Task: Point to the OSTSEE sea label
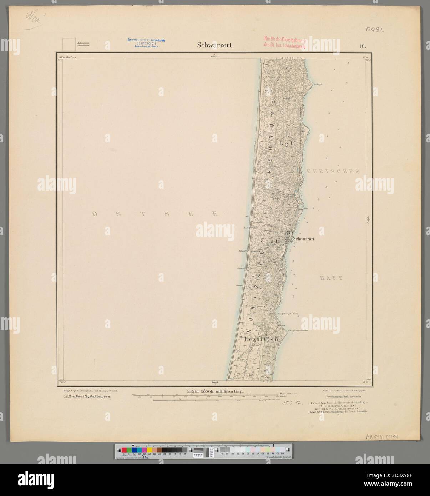155,214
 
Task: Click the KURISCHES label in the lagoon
332,171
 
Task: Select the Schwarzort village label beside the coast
303,239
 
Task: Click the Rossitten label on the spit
262,340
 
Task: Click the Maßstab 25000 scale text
216,391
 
